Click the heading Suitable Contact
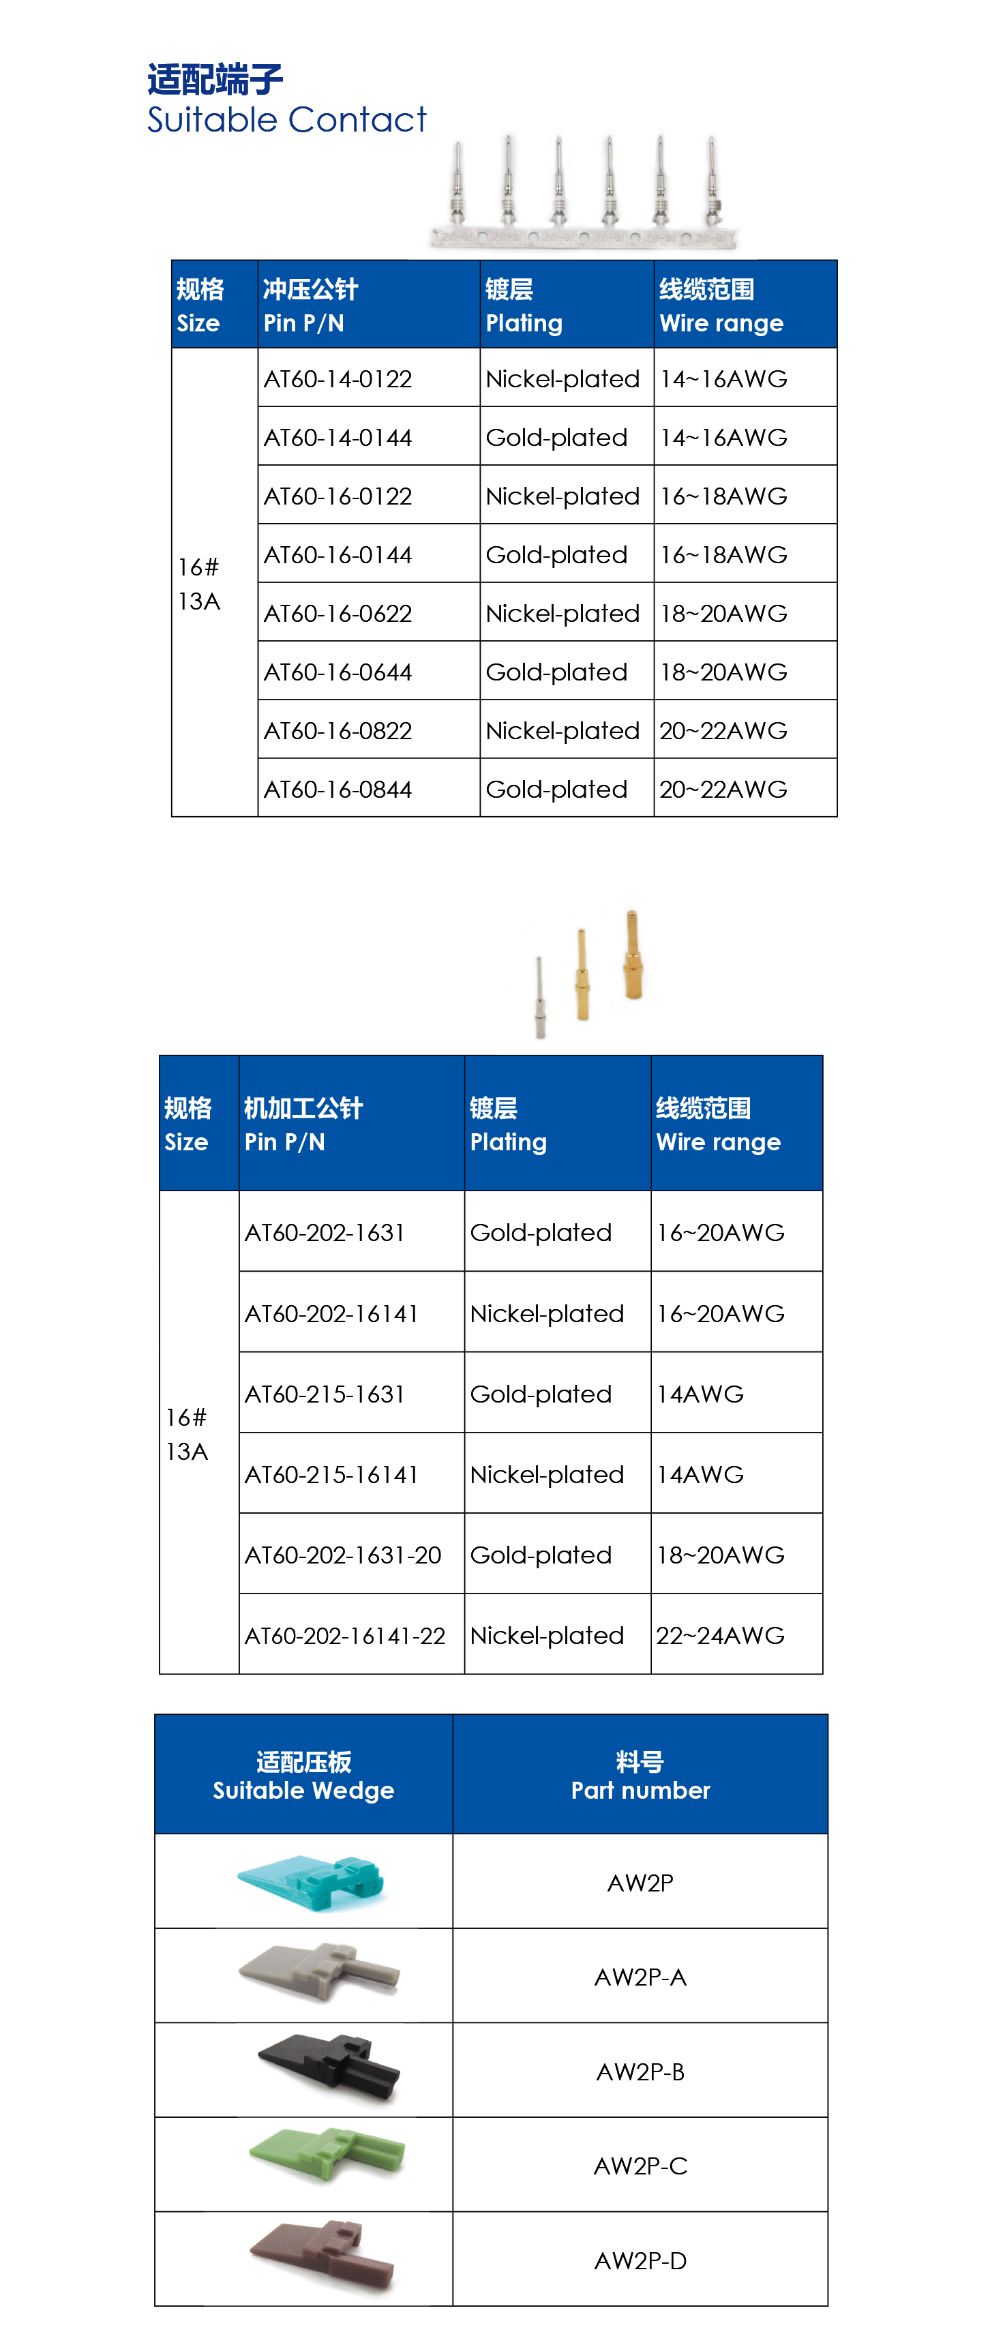coord(286,119)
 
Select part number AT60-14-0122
coord(338,379)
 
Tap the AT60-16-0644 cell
coord(338,673)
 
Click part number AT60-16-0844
coord(338,790)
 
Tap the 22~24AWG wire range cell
coord(720,1636)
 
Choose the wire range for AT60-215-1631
coord(700,1395)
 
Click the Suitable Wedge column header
coord(303,1776)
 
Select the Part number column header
coord(640,1776)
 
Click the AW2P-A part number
coord(640,1977)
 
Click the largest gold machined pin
coord(633,957)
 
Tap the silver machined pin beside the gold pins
coord(541,998)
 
